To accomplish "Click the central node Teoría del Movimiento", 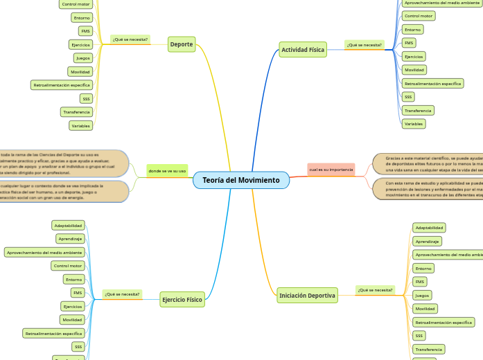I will click(x=241, y=180).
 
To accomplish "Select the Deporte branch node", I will click(x=182, y=44).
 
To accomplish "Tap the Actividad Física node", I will click(x=303, y=50).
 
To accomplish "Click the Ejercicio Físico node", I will click(x=182, y=300).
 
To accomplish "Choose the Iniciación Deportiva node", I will click(x=307, y=295).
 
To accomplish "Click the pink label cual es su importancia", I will click(x=331, y=169).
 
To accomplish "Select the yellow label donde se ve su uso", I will click(x=167, y=170).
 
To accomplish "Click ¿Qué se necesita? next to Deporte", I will click(x=130, y=39).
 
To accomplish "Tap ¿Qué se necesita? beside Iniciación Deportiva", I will click(x=375, y=290).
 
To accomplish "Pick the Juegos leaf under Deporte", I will click(x=83, y=58).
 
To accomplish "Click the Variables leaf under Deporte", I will click(x=80, y=125).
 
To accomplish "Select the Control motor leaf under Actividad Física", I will click(x=419, y=15).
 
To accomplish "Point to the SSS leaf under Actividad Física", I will click(x=408, y=97).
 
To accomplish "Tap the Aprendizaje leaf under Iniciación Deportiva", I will click(x=427, y=241).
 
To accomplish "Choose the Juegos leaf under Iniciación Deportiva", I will click(x=421, y=295).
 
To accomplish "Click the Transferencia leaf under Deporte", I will click(x=76, y=111).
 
